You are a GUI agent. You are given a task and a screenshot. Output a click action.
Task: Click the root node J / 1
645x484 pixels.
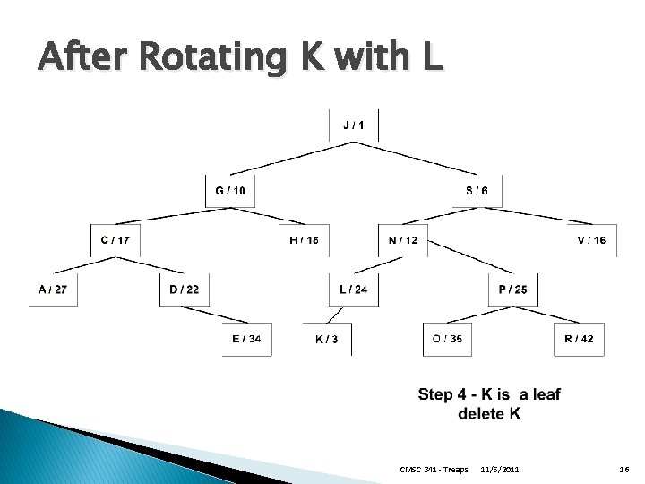click(x=354, y=125)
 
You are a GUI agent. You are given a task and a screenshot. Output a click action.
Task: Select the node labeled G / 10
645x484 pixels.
click(x=231, y=190)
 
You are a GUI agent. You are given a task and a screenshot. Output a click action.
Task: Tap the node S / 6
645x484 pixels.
click(x=477, y=190)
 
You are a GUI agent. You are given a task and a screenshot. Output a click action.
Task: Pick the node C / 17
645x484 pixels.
click(x=116, y=239)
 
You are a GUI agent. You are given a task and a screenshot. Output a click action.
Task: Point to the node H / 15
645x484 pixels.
click(x=304, y=239)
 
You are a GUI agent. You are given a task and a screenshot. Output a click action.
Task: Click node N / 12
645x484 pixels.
click(x=403, y=239)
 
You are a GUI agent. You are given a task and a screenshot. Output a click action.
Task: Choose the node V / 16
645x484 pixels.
click(x=591, y=239)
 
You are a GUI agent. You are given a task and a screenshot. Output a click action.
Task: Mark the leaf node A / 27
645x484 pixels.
click(x=53, y=289)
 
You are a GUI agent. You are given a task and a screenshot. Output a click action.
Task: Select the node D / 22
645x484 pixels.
click(x=184, y=289)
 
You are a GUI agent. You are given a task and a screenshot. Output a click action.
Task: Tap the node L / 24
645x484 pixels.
click(x=353, y=289)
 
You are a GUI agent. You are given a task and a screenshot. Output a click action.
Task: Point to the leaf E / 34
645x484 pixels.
click(x=246, y=339)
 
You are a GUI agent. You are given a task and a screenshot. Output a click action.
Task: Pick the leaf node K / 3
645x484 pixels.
click(x=327, y=340)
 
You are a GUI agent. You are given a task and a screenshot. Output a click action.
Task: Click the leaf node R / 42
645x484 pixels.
click(x=579, y=339)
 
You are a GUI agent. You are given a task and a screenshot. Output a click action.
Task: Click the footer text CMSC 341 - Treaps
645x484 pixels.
click(x=434, y=470)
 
